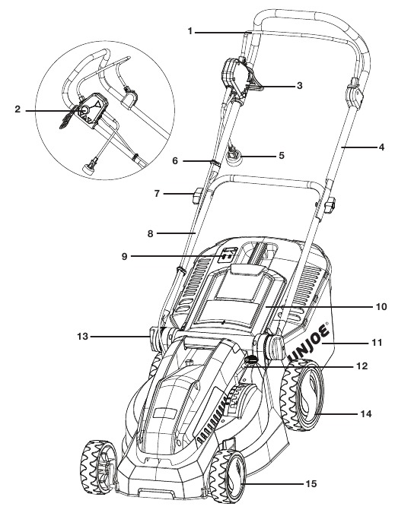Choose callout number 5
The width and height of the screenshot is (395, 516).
pos(281,156)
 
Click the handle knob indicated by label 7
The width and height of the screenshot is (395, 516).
pos(200,198)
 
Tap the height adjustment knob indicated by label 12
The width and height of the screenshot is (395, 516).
pos(252,360)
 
